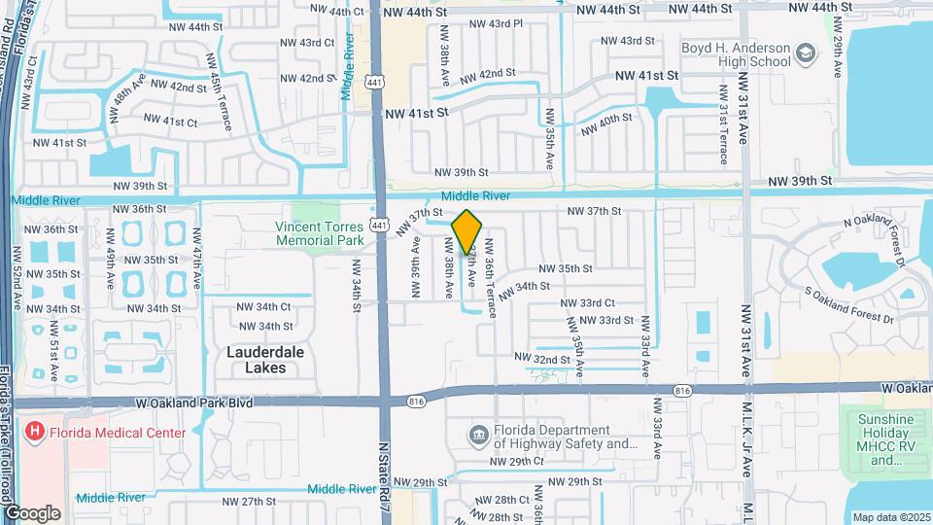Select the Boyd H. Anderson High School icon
click(805, 52)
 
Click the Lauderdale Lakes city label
click(257, 360)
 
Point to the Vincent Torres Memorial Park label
click(319, 232)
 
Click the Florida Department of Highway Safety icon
click(479, 433)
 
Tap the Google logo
click(32, 512)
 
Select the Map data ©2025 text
click(891, 517)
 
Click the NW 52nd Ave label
click(17, 266)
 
